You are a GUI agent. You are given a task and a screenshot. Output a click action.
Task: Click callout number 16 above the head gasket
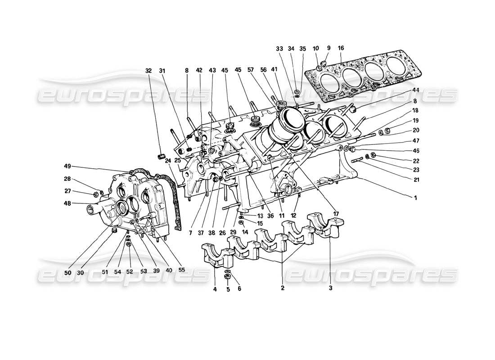click(x=341, y=48)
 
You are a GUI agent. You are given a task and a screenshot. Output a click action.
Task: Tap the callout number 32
click(x=149, y=70)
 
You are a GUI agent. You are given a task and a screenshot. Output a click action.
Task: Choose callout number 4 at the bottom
click(x=215, y=289)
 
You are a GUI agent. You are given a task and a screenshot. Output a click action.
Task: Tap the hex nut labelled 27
click(x=96, y=195)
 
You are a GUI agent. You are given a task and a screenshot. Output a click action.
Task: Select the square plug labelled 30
click(x=114, y=231)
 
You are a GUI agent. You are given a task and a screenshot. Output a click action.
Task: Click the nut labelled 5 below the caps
click(x=228, y=277)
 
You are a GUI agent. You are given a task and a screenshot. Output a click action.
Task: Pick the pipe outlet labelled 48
click(x=95, y=210)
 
